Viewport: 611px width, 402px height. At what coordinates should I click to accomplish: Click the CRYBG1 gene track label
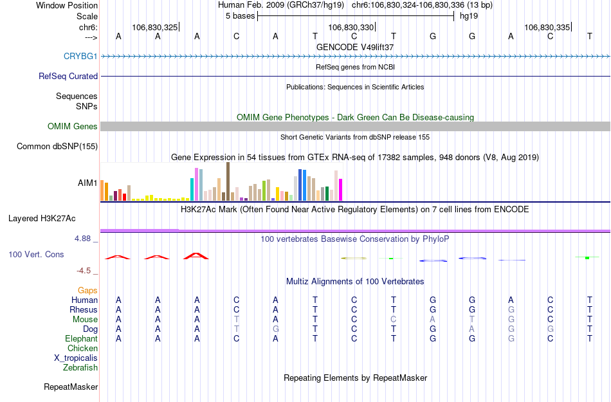click(x=80, y=56)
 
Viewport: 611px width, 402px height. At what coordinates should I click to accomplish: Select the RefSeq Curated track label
click(x=68, y=76)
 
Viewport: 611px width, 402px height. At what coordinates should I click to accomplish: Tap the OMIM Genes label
click(x=72, y=127)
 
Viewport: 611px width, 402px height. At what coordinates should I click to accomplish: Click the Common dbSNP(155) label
click(x=57, y=147)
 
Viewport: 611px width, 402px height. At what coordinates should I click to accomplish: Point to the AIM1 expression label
click(x=87, y=183)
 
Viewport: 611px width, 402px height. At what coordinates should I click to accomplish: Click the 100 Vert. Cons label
click(x=36, y=255)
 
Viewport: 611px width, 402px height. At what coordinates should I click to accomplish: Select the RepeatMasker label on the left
click(x=71, y=387)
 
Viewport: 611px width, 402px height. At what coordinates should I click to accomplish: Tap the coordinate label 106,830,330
click(x=351, y=28)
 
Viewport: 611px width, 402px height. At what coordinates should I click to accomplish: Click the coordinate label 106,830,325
click(x=154, y=28)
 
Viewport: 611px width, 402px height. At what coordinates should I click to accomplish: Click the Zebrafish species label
click(x=80, y=368)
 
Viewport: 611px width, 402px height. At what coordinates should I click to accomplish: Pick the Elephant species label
click(x=81, y=339)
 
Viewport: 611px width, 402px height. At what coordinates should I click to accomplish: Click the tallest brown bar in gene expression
click(x=228, y=181)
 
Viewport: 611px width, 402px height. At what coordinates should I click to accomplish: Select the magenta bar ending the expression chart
click(x=341, y=190)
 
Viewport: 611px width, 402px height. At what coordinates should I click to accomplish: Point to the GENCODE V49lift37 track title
click(x=355, y=48)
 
